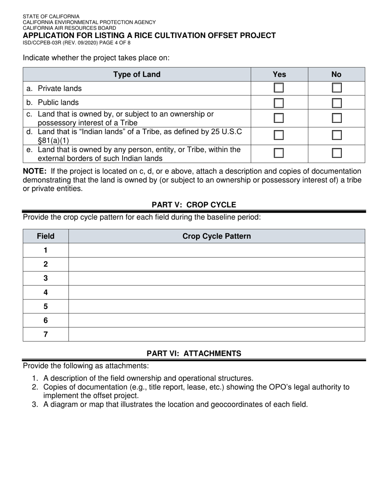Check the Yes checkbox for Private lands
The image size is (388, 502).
pyautogui.click(x=279, y=88)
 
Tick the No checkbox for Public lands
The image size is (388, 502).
pyautogui.click(x=337, y=103)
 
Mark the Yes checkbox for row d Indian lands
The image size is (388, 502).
pyautogui.click(x=279, y=135)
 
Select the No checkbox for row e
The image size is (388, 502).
pyautogui.click(x=337, y=153)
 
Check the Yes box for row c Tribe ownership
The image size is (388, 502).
pyautogui.click(x=279, y=118)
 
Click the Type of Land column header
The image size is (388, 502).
pyautogui.click(x=137, y=74)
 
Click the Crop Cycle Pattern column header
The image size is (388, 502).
pyautogui.click(x=216, y=236)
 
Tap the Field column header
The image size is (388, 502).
pyautogui.click(x=45, y=236)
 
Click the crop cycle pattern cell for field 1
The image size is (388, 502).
pyautogui.click(x=216, y=250)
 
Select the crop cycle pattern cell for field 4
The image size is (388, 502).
pyautogui.click(x=216, y=292)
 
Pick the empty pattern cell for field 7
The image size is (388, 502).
pyautogui.click(x=216, y=334)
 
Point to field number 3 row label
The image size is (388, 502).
pyautogui.click(x=45, y=278)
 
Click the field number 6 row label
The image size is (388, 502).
pyautogui.click(x=45, y=320)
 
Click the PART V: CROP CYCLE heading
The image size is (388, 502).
pyautogui.click(x=194, y=204)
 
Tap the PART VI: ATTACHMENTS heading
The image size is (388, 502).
pyautogui.click(x=194, y=353)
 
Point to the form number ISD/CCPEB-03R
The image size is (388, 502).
pyautogui.click(x=45, y=42)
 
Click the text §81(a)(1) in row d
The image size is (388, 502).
pyautogui.click(x=53, y=140)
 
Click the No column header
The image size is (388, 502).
pyautogui.click(x=336, y=74)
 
